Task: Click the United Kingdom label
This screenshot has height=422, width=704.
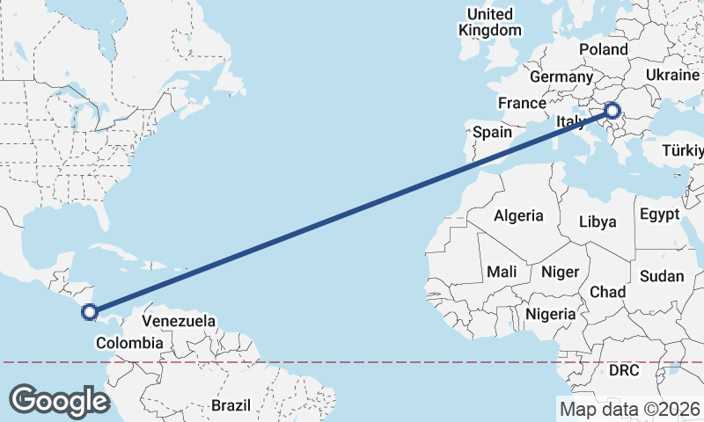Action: pyautogui.click(x=490, y=22)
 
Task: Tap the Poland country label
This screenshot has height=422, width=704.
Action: pyautogui.click(x=604, y=49)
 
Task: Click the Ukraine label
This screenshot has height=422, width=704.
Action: pyautogui.click(x=671, y=76)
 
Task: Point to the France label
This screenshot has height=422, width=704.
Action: pyautogui.click(x=522, y=103)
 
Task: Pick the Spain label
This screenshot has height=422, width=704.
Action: pyautogui.click(x=492, y=132)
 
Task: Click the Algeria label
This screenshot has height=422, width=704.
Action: pyautogui.click(x=518, y=215)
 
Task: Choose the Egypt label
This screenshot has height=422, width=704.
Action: pyautogui.click(x=659, y=215)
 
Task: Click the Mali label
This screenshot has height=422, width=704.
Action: pyautogui.click(x=502, y=272)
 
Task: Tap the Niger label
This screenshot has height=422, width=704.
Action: pyautogui.click(x=561, y=272)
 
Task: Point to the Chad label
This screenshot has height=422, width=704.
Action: pyautogui.click(x=607, y=292)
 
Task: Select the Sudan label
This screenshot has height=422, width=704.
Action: pyautogui.click(x=661, y=276)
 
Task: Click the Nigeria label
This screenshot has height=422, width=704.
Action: pyautogui.click(x=550, y=313)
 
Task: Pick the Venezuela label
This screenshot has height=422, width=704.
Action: pyautogui.click(x=179, y=321)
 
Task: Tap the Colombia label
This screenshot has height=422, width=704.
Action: pyautogui.click(x=129, y=343)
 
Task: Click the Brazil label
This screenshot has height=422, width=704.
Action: pyautogui.click(x=231, y=405)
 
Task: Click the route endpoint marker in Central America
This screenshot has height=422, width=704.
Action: pyautogui.click(x=89, y=311)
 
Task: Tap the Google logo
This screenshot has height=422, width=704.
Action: pyautogui.click(x=59, y=400)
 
